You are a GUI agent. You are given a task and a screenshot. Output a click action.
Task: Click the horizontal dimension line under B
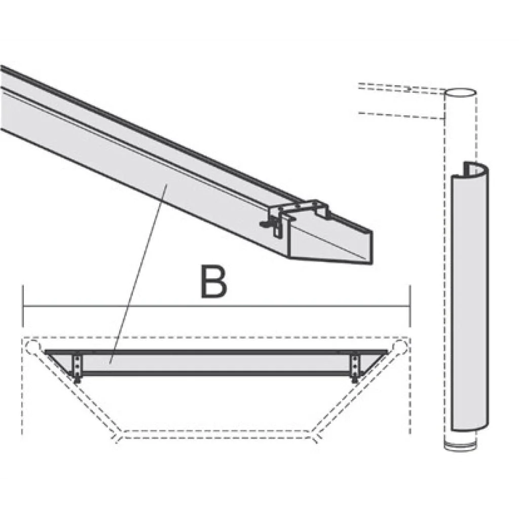click(217, 307)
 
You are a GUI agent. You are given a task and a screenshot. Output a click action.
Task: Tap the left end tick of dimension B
click(23, 306)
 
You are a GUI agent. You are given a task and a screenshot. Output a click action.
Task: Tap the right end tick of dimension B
click(410, 306)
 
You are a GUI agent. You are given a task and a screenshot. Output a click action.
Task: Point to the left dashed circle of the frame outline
click(33, 346)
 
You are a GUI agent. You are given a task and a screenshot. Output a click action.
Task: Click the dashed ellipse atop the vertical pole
click(460, 92)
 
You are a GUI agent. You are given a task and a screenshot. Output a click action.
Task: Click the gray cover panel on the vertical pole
click(469, 298)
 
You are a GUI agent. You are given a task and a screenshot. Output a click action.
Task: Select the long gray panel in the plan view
click(217, 362)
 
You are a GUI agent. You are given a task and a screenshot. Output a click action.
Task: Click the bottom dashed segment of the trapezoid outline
click(217, 434)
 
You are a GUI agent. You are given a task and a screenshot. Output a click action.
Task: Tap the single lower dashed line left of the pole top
click(401, 116)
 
